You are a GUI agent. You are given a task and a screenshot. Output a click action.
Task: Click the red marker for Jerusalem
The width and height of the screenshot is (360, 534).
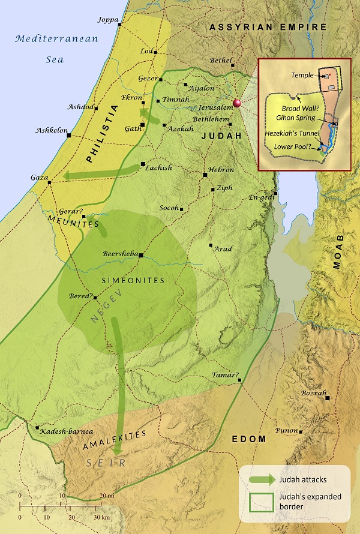[238, 103]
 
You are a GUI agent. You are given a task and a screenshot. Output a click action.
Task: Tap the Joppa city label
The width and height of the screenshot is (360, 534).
[107, 19]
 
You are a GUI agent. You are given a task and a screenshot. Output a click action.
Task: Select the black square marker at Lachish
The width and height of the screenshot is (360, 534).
[143, 164]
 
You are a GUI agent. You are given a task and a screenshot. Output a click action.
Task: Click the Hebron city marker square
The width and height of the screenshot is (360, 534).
[205, 175]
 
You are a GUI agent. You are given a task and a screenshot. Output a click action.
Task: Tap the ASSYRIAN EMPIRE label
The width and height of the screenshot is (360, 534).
[268, 27]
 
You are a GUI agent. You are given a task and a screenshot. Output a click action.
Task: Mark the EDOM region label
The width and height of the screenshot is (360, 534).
[249, 439]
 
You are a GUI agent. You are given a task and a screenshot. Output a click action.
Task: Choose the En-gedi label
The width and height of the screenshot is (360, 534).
[260, 197]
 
